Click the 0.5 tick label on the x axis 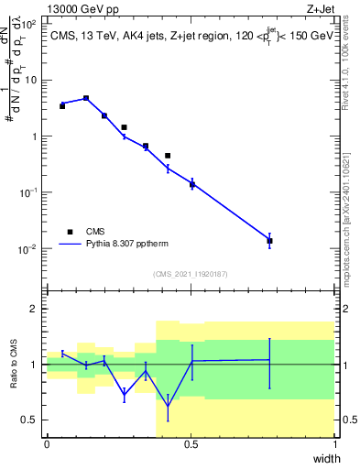[x=191, y=444]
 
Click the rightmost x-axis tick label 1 [x=335, y=444]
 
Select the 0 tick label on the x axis [x=47, y=444]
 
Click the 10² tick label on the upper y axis [x=30, y=24]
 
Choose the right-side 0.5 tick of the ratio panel [x=348, y=420]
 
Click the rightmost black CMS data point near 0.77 [x=269, y=241]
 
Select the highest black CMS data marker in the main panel [x=86, y=98]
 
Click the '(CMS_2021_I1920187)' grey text [x=191, y=273]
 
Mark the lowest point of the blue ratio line [x=168, y=406]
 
